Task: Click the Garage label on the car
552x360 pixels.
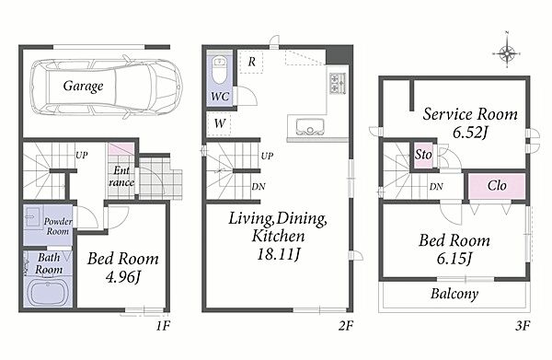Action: tap(84, 86)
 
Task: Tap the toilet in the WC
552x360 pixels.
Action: tap(219, 70)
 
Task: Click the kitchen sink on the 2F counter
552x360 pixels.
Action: tap(310, 126)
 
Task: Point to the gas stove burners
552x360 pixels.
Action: tap(338, 83)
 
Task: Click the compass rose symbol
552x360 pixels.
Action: tap(507, 53)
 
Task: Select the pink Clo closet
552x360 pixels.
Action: tap(497, 186)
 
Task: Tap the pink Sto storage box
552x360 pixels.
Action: tap(423, 155)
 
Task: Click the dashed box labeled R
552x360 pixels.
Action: tap(251, 62)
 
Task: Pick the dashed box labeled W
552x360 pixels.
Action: tap(219, 123)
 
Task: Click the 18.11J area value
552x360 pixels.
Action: tap(279, 253)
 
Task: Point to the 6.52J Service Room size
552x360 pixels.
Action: tap(469, 133)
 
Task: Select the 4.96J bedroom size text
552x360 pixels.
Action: tap(123, 277)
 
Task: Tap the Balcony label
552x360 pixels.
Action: tap(454, 294)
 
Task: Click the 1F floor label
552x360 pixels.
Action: tap(163, 326)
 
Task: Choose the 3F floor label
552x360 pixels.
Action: tap(523, 326)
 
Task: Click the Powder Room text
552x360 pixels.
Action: tap(58, 226)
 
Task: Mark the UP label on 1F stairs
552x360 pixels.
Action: tap(82, 155)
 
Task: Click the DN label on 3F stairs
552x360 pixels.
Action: tap(436, 186)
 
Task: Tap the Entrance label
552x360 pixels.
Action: tap(121, 176)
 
